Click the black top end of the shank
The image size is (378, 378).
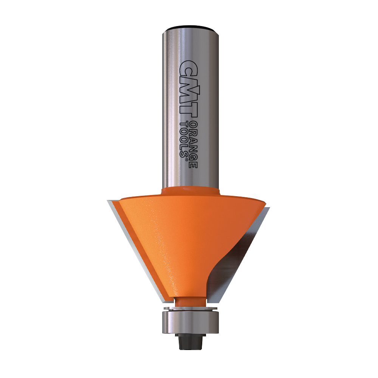(x=191, y=28)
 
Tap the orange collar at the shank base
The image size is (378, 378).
(x=191, y=191)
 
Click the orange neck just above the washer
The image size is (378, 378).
(x=191, y=301)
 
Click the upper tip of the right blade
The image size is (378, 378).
(x=269, y=208)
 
